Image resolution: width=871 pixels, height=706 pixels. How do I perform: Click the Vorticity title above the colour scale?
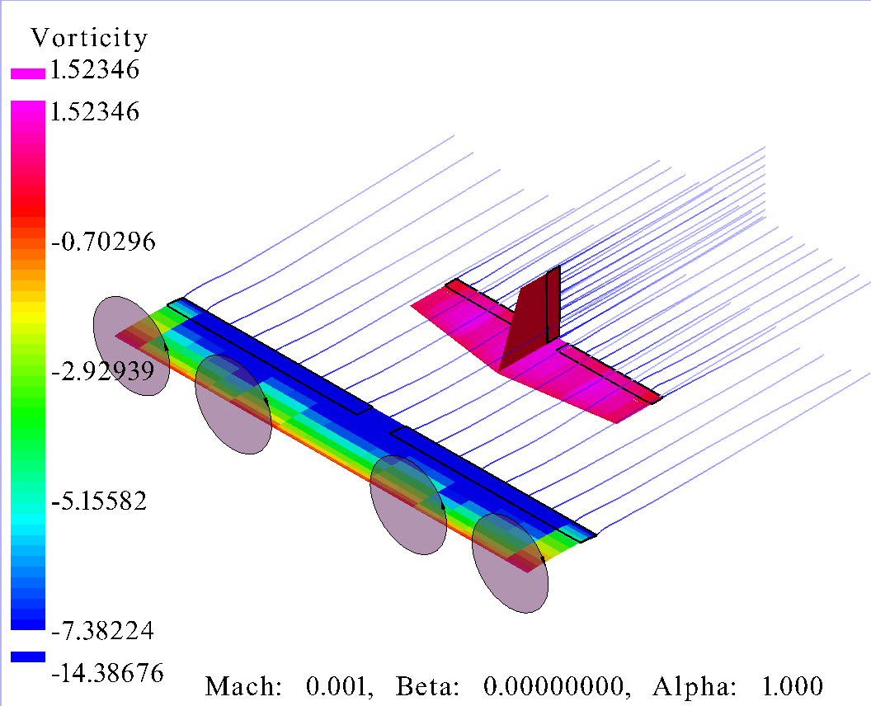click(x=89, y=38)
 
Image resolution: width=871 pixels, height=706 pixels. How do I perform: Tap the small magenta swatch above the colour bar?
click(x=28, y=74)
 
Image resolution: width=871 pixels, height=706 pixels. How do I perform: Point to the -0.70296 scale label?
click(x=103, y=242)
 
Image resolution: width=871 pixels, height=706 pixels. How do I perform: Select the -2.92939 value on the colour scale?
click(x=103, y=370)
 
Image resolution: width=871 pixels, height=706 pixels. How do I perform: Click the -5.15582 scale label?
click(x=100, y=501)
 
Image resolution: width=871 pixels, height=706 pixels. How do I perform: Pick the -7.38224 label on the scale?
click(x=103, y=630)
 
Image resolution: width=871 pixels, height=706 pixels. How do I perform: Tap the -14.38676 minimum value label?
click(x=108, y=673)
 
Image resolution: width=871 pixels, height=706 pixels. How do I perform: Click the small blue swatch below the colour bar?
click(x=28, y=657)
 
